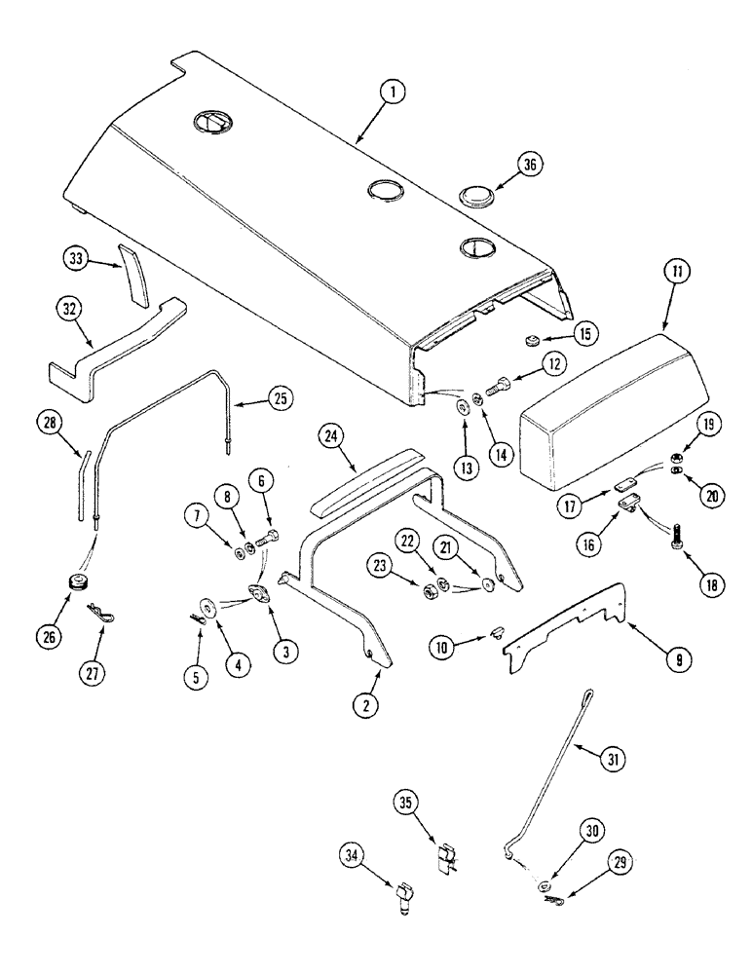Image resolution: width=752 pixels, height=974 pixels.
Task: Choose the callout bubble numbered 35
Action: pos(407,802)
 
